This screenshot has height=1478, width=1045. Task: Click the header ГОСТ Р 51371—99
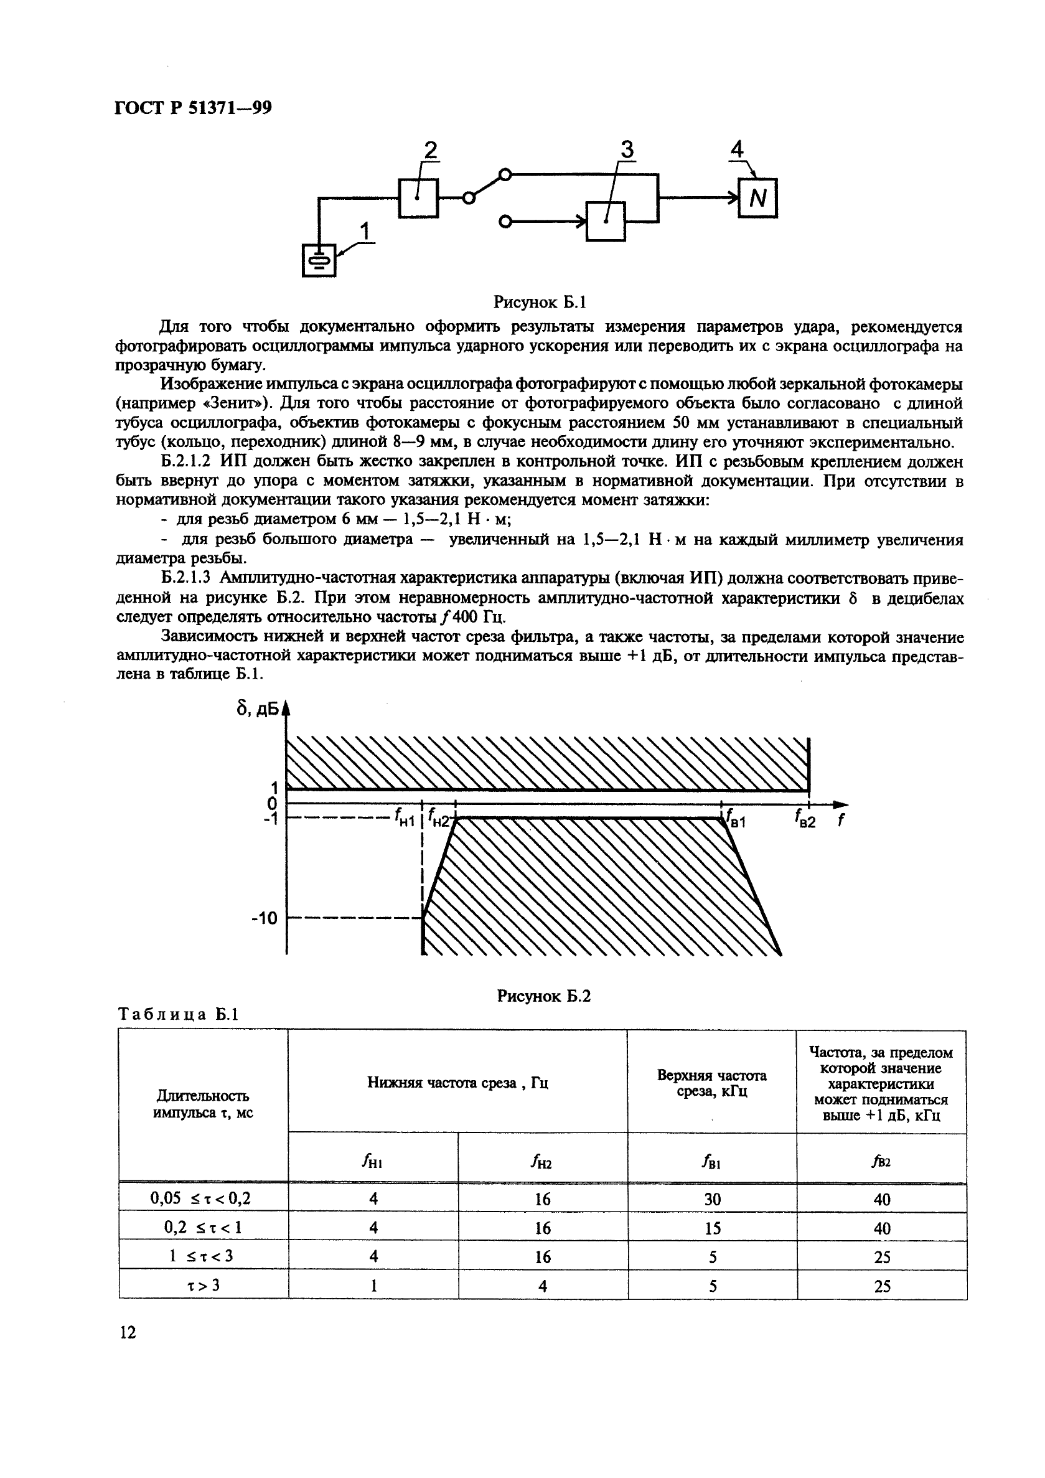pos(193,108)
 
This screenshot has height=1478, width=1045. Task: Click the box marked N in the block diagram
pos(757,198)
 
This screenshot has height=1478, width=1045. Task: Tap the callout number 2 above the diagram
pos(431,150)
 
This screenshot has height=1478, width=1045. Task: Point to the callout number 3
pos(626,150)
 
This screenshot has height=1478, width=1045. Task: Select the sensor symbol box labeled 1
pos(319,260)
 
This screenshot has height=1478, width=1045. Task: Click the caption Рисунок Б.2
pos(544,996)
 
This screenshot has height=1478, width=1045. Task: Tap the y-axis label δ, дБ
pos(258,708)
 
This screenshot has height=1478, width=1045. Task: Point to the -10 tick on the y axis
pos(264,918)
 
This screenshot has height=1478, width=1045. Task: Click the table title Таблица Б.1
pos(178,1015)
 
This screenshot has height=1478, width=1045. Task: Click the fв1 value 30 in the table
pos(712,1198)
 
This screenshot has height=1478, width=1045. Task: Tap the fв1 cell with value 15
pos(712,1228)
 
